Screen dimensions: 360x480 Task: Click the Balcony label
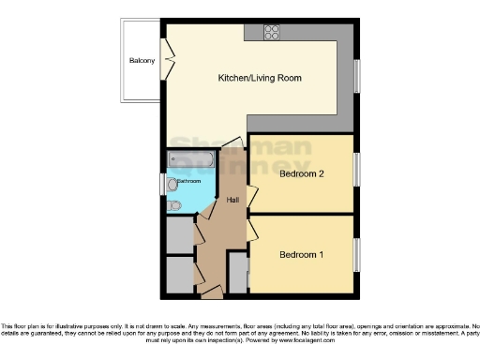142,63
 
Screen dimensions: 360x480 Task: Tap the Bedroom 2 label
302,173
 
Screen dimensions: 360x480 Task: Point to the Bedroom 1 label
302,254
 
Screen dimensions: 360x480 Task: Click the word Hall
232,199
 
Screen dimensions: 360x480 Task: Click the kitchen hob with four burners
273,31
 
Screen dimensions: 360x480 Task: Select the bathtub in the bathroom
191,161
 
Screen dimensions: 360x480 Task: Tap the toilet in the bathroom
176,205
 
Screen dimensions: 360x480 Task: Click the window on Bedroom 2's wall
356,170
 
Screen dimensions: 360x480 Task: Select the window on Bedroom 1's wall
356,255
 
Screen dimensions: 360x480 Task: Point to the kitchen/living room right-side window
356,77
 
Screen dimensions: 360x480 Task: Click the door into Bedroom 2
251,199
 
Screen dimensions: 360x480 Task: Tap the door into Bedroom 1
251,229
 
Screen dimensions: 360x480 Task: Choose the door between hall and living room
234,143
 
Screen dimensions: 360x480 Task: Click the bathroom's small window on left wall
163,184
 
